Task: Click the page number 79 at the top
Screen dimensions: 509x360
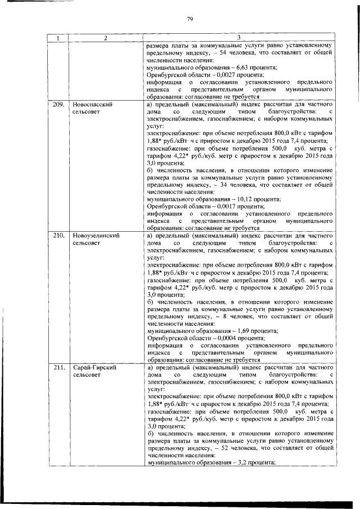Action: point(190,20)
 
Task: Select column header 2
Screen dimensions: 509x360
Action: point(105,38)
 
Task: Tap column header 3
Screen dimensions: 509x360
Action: point(238,38)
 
